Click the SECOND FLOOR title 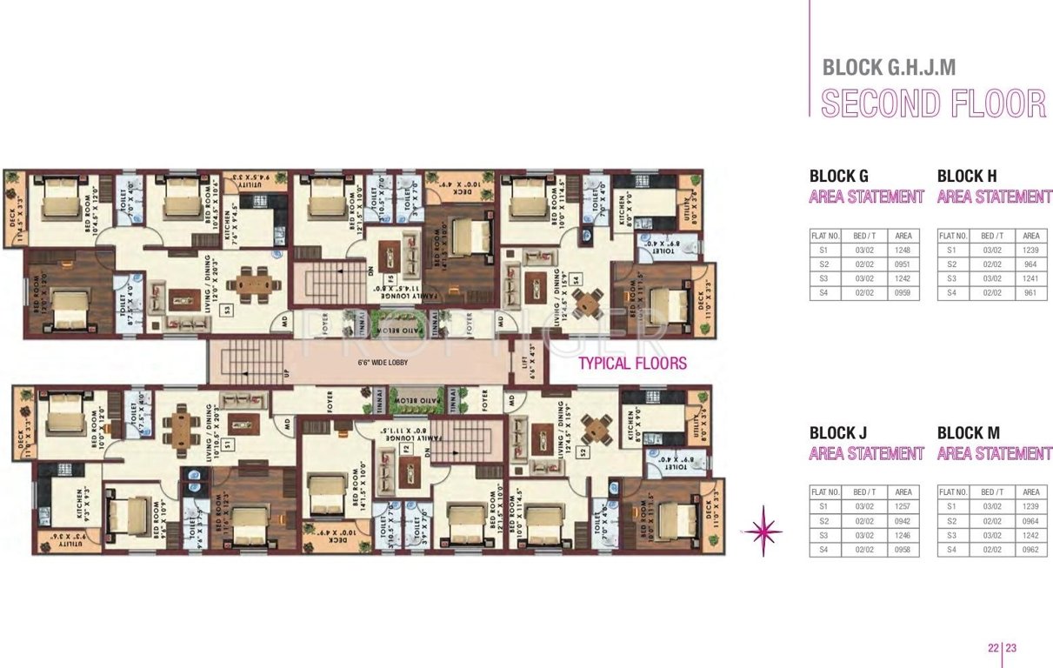point(933,104)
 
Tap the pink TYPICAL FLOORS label point(632,364)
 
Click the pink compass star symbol point(763,530)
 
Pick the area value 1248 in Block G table point(903,250)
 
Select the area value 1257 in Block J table point(903,505)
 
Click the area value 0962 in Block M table point(1031,550)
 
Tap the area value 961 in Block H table point(1031,293)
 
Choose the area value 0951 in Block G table point(903,264)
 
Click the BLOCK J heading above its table point(839,433)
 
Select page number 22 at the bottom point(992,647)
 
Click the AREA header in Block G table point(903,236)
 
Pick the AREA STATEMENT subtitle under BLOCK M point(995,453)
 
